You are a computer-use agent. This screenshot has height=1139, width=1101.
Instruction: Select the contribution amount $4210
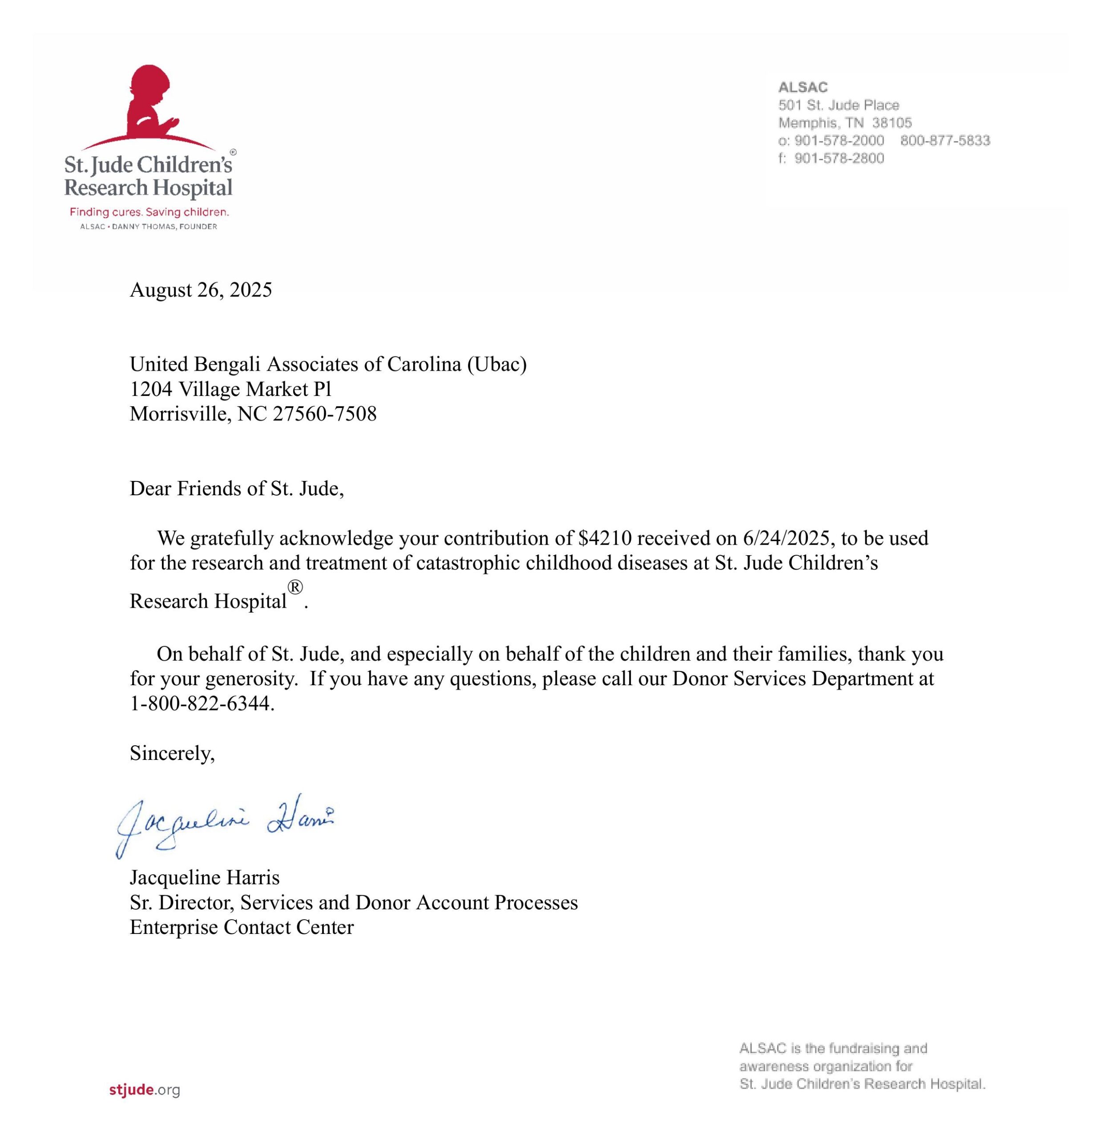(604, 538)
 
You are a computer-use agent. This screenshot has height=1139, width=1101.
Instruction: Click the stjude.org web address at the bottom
(144, 1090)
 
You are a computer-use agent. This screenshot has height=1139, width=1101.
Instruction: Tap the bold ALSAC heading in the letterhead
(803, 87)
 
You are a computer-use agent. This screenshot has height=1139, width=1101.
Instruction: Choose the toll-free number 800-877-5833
(945, 141)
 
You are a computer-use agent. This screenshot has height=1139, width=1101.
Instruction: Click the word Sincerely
(172, 753)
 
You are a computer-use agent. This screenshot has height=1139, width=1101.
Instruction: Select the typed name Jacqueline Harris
(205, 877)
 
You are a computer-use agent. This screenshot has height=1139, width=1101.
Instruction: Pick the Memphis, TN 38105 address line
(845, 123)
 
